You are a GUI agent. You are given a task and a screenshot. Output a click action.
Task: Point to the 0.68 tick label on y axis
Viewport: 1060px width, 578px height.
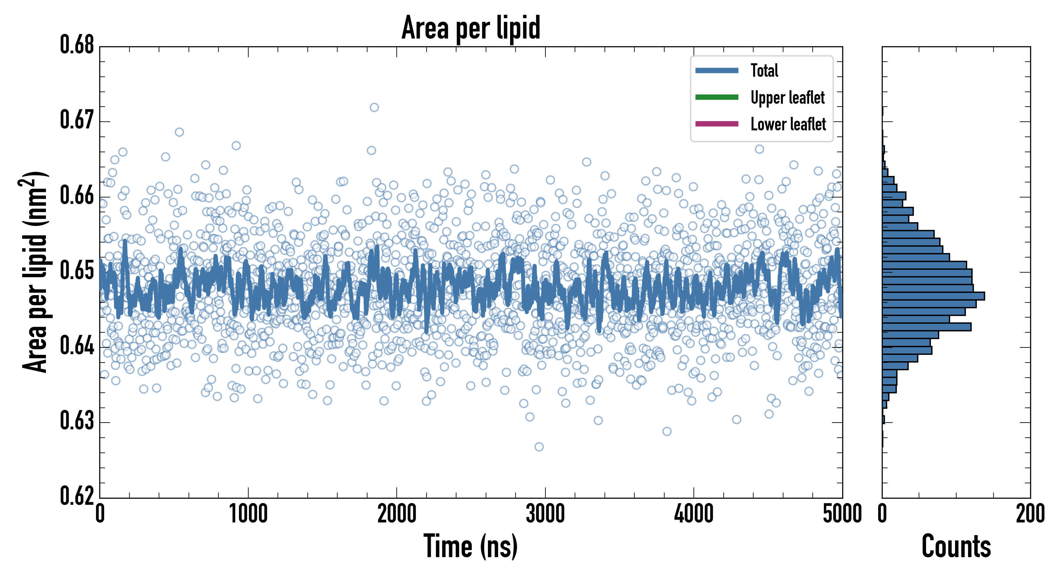pyautogui.click(x=77, y=45)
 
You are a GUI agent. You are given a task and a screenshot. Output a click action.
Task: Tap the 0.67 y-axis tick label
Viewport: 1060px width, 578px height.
pyautogui.click(x=77, y=120)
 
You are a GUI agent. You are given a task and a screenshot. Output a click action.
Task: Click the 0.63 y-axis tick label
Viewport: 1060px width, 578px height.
pyautogui.click(x=77, y=421)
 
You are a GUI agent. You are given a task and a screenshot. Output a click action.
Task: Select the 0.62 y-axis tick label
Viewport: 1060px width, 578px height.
pyautogui.click(x=77, y=496)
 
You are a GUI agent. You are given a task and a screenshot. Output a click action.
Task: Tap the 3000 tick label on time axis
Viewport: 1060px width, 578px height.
pyautogui.click(x=545, y=514)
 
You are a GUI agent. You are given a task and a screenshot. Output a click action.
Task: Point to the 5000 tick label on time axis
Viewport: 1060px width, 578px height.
pyautogui.click(x=842, y=514)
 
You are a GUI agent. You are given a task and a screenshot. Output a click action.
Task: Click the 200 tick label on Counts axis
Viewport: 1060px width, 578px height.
pyautogui.click(x=1030, y=514)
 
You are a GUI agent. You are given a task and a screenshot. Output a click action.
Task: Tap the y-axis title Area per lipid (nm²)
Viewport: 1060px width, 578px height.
pyautogui.click(x=35, y=272)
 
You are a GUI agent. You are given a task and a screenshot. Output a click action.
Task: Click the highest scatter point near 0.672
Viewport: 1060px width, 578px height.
pyautogui.click(x=374, y=107)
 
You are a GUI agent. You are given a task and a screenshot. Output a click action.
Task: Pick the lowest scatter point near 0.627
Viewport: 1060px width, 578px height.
pyautogui.click(x=539, y=447)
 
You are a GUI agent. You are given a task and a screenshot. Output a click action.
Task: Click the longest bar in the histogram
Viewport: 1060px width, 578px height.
pyautogui.click(x=933, y=296)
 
